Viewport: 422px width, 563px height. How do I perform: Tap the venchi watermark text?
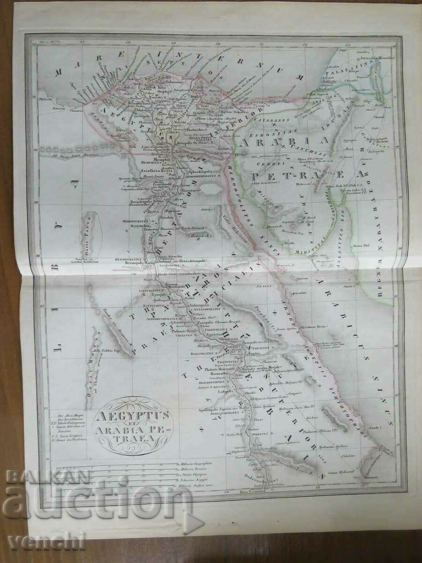coord(47,540)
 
